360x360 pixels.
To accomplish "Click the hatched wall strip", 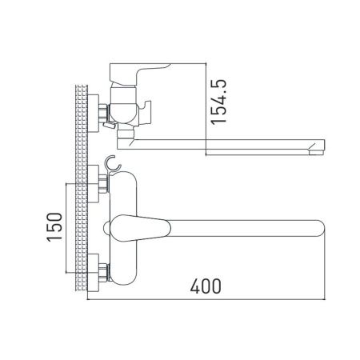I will tap(81, 191).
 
